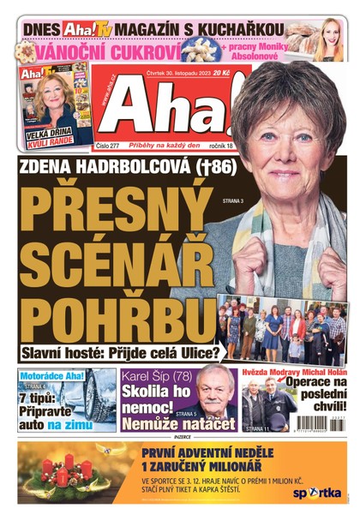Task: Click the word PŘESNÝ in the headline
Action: [x=117, y=208]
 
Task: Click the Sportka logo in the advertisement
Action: [x=318, y=493]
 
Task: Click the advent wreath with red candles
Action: [x=65, y=473]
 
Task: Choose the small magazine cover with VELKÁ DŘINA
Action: [x=56, y=106]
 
